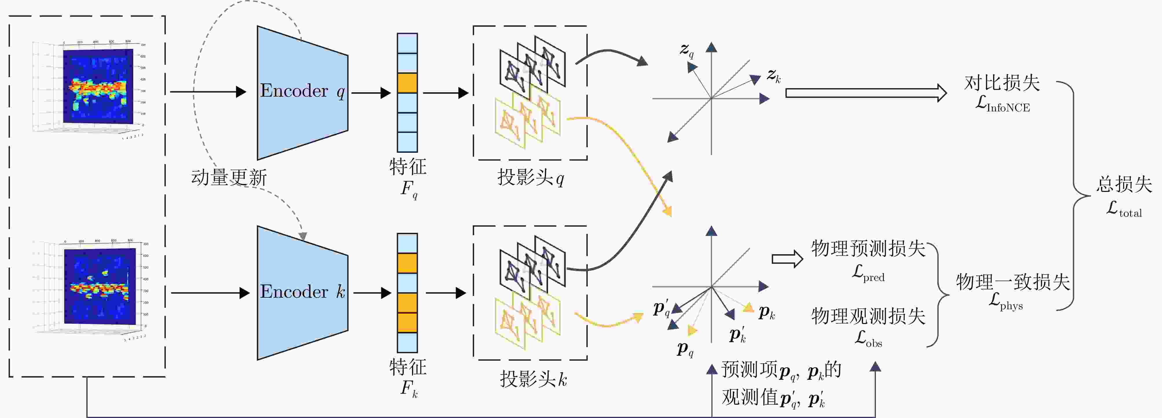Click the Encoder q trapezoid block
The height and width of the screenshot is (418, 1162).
coord(302,93)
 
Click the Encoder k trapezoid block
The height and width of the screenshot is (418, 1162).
coord(302,293)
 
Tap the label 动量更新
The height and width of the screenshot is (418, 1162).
coord(229,177)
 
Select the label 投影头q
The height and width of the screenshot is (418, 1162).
coord(530,178)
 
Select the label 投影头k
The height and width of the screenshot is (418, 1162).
coord(533,379)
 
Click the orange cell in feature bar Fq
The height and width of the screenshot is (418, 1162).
coord(407,83)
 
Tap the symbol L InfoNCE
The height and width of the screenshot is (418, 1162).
coord(1002,105)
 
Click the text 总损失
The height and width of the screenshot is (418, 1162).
coord(1124,184)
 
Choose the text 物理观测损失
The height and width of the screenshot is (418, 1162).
coord(868,316)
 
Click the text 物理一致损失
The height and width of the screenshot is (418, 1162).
coord(1013,282)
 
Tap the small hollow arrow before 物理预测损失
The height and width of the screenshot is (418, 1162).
coord(787,259)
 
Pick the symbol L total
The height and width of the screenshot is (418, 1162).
coord(1124,209)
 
